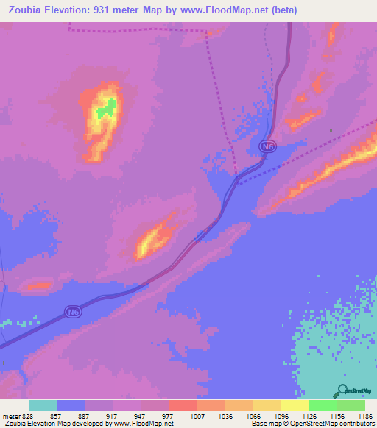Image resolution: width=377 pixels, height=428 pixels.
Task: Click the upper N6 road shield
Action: pos(269,147)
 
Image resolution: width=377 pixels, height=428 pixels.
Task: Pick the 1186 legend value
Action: pos(365,415)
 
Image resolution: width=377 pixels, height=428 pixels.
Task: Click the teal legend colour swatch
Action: pos(43,405)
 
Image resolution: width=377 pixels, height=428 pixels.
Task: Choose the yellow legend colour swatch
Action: pos(295,405)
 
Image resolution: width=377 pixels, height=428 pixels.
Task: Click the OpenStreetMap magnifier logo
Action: pos(343,391)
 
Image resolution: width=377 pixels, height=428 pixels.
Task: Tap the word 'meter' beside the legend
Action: pos(9,415)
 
